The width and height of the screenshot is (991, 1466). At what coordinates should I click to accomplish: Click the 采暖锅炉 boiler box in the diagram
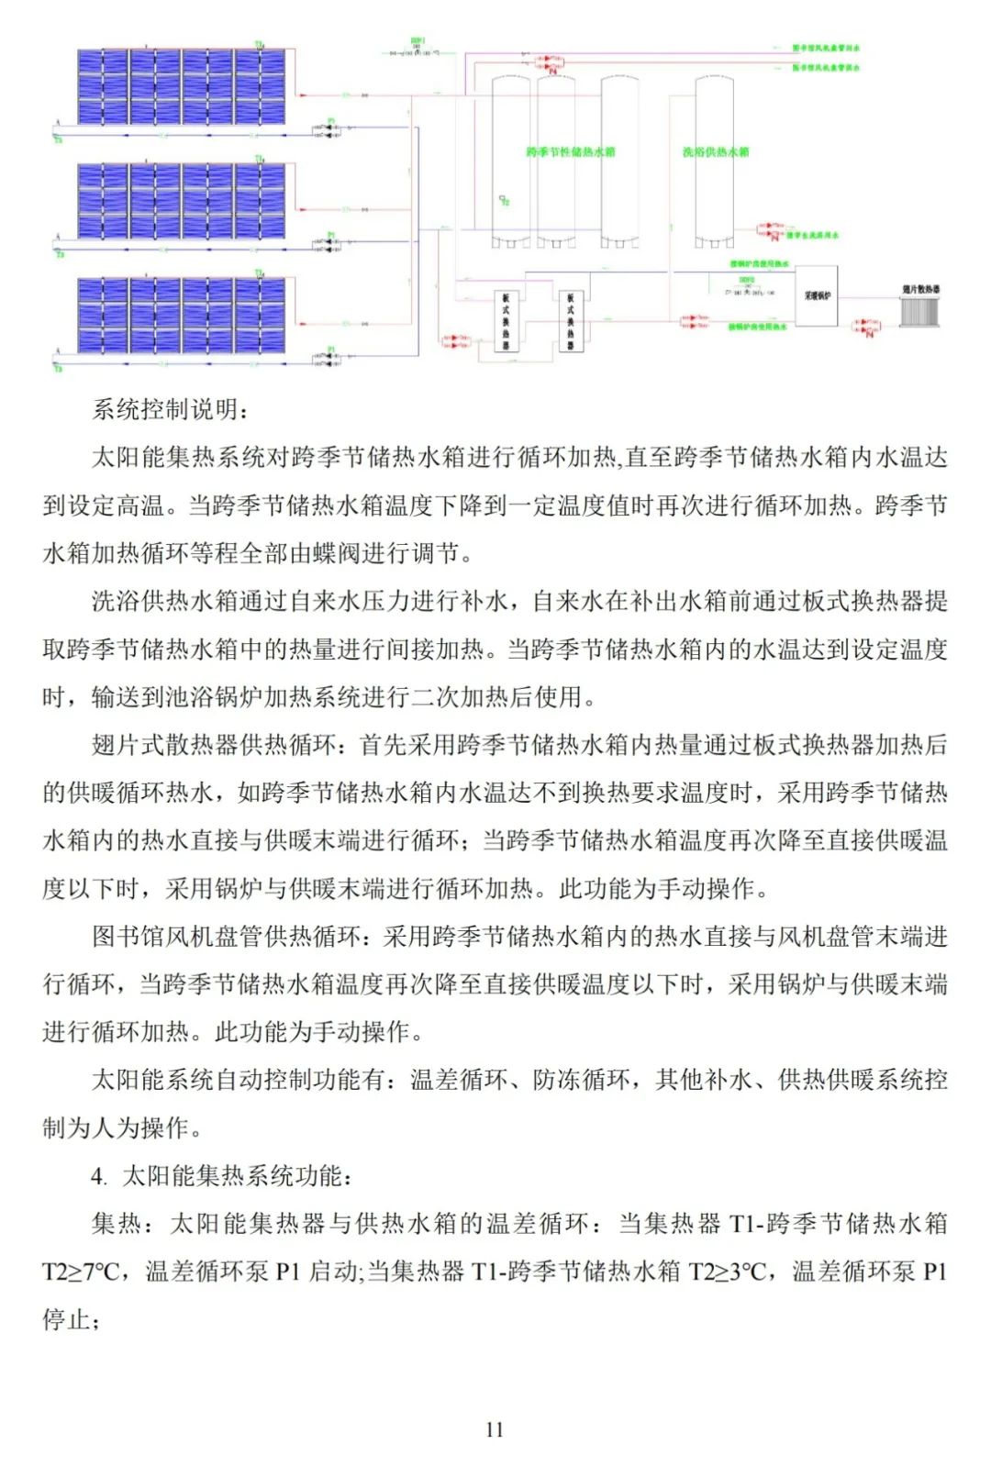(816, 296)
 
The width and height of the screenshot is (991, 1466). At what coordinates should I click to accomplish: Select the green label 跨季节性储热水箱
(571, 151)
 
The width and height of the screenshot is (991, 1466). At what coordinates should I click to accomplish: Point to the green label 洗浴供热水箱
(716, 151)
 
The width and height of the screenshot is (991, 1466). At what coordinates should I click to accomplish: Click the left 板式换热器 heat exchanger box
(506, 320)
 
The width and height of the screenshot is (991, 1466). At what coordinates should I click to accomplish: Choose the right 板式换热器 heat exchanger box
(571, 320)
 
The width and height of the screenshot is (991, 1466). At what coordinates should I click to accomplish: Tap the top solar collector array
(182, 86)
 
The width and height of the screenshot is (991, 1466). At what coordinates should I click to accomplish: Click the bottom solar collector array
(182, 315)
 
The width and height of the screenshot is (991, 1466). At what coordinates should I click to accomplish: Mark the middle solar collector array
(182, 201)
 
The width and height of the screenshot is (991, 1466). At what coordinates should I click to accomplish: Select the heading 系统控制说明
(171, 409)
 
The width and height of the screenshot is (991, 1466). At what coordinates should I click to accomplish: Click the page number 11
(495, 1429)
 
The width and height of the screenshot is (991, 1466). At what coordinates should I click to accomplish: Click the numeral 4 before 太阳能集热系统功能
(98, 1176)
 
